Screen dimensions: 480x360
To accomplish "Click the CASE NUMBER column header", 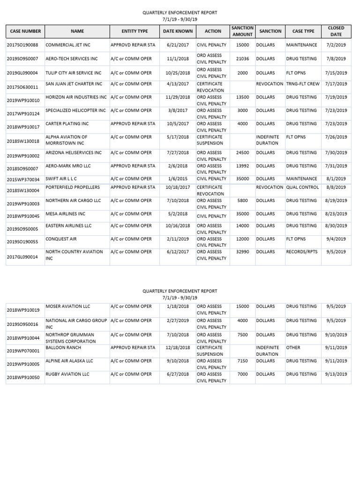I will tap(25, 31).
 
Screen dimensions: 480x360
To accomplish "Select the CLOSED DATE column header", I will tap(336, 31).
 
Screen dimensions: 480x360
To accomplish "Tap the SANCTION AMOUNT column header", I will tap(242, 31).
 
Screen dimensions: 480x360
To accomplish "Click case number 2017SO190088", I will tap(24, 45).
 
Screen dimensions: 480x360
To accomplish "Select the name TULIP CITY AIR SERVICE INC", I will tap(73, 73).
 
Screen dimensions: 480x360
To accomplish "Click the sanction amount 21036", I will tap(242, 59).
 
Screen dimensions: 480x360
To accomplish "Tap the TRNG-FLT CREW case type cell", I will tap(303, 84).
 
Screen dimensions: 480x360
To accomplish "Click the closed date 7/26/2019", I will tap(336, 137).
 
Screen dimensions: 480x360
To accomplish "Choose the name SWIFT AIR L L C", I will tap(61, 179).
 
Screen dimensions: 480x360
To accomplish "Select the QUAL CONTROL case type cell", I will tap(302, 187).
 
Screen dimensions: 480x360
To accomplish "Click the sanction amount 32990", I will tap(242, 252).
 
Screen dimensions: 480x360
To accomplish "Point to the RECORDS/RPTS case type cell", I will tap(302, 252).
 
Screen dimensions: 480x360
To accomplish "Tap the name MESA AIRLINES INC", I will tap(65, 214).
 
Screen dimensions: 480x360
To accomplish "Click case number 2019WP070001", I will tap(24, 351).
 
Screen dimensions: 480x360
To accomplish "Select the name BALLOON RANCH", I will tap(63, 348).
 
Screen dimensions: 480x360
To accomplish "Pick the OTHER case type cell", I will tap(293, 348).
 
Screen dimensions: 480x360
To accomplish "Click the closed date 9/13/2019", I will tap(336, 375).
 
